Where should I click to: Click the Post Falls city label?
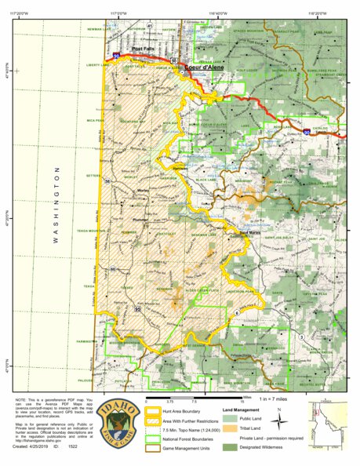pyautogui.click(x=144, y=49)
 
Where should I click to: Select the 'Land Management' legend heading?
pyautogui.click(x=239, y=410)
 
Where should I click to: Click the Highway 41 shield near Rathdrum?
pyautogui.click(x=149, y=25)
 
